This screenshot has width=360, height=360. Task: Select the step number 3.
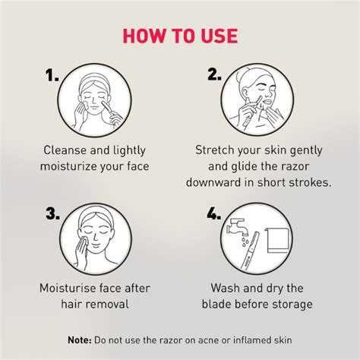pos(51,216)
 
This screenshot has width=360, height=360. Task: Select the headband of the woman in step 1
pos(96,78)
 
